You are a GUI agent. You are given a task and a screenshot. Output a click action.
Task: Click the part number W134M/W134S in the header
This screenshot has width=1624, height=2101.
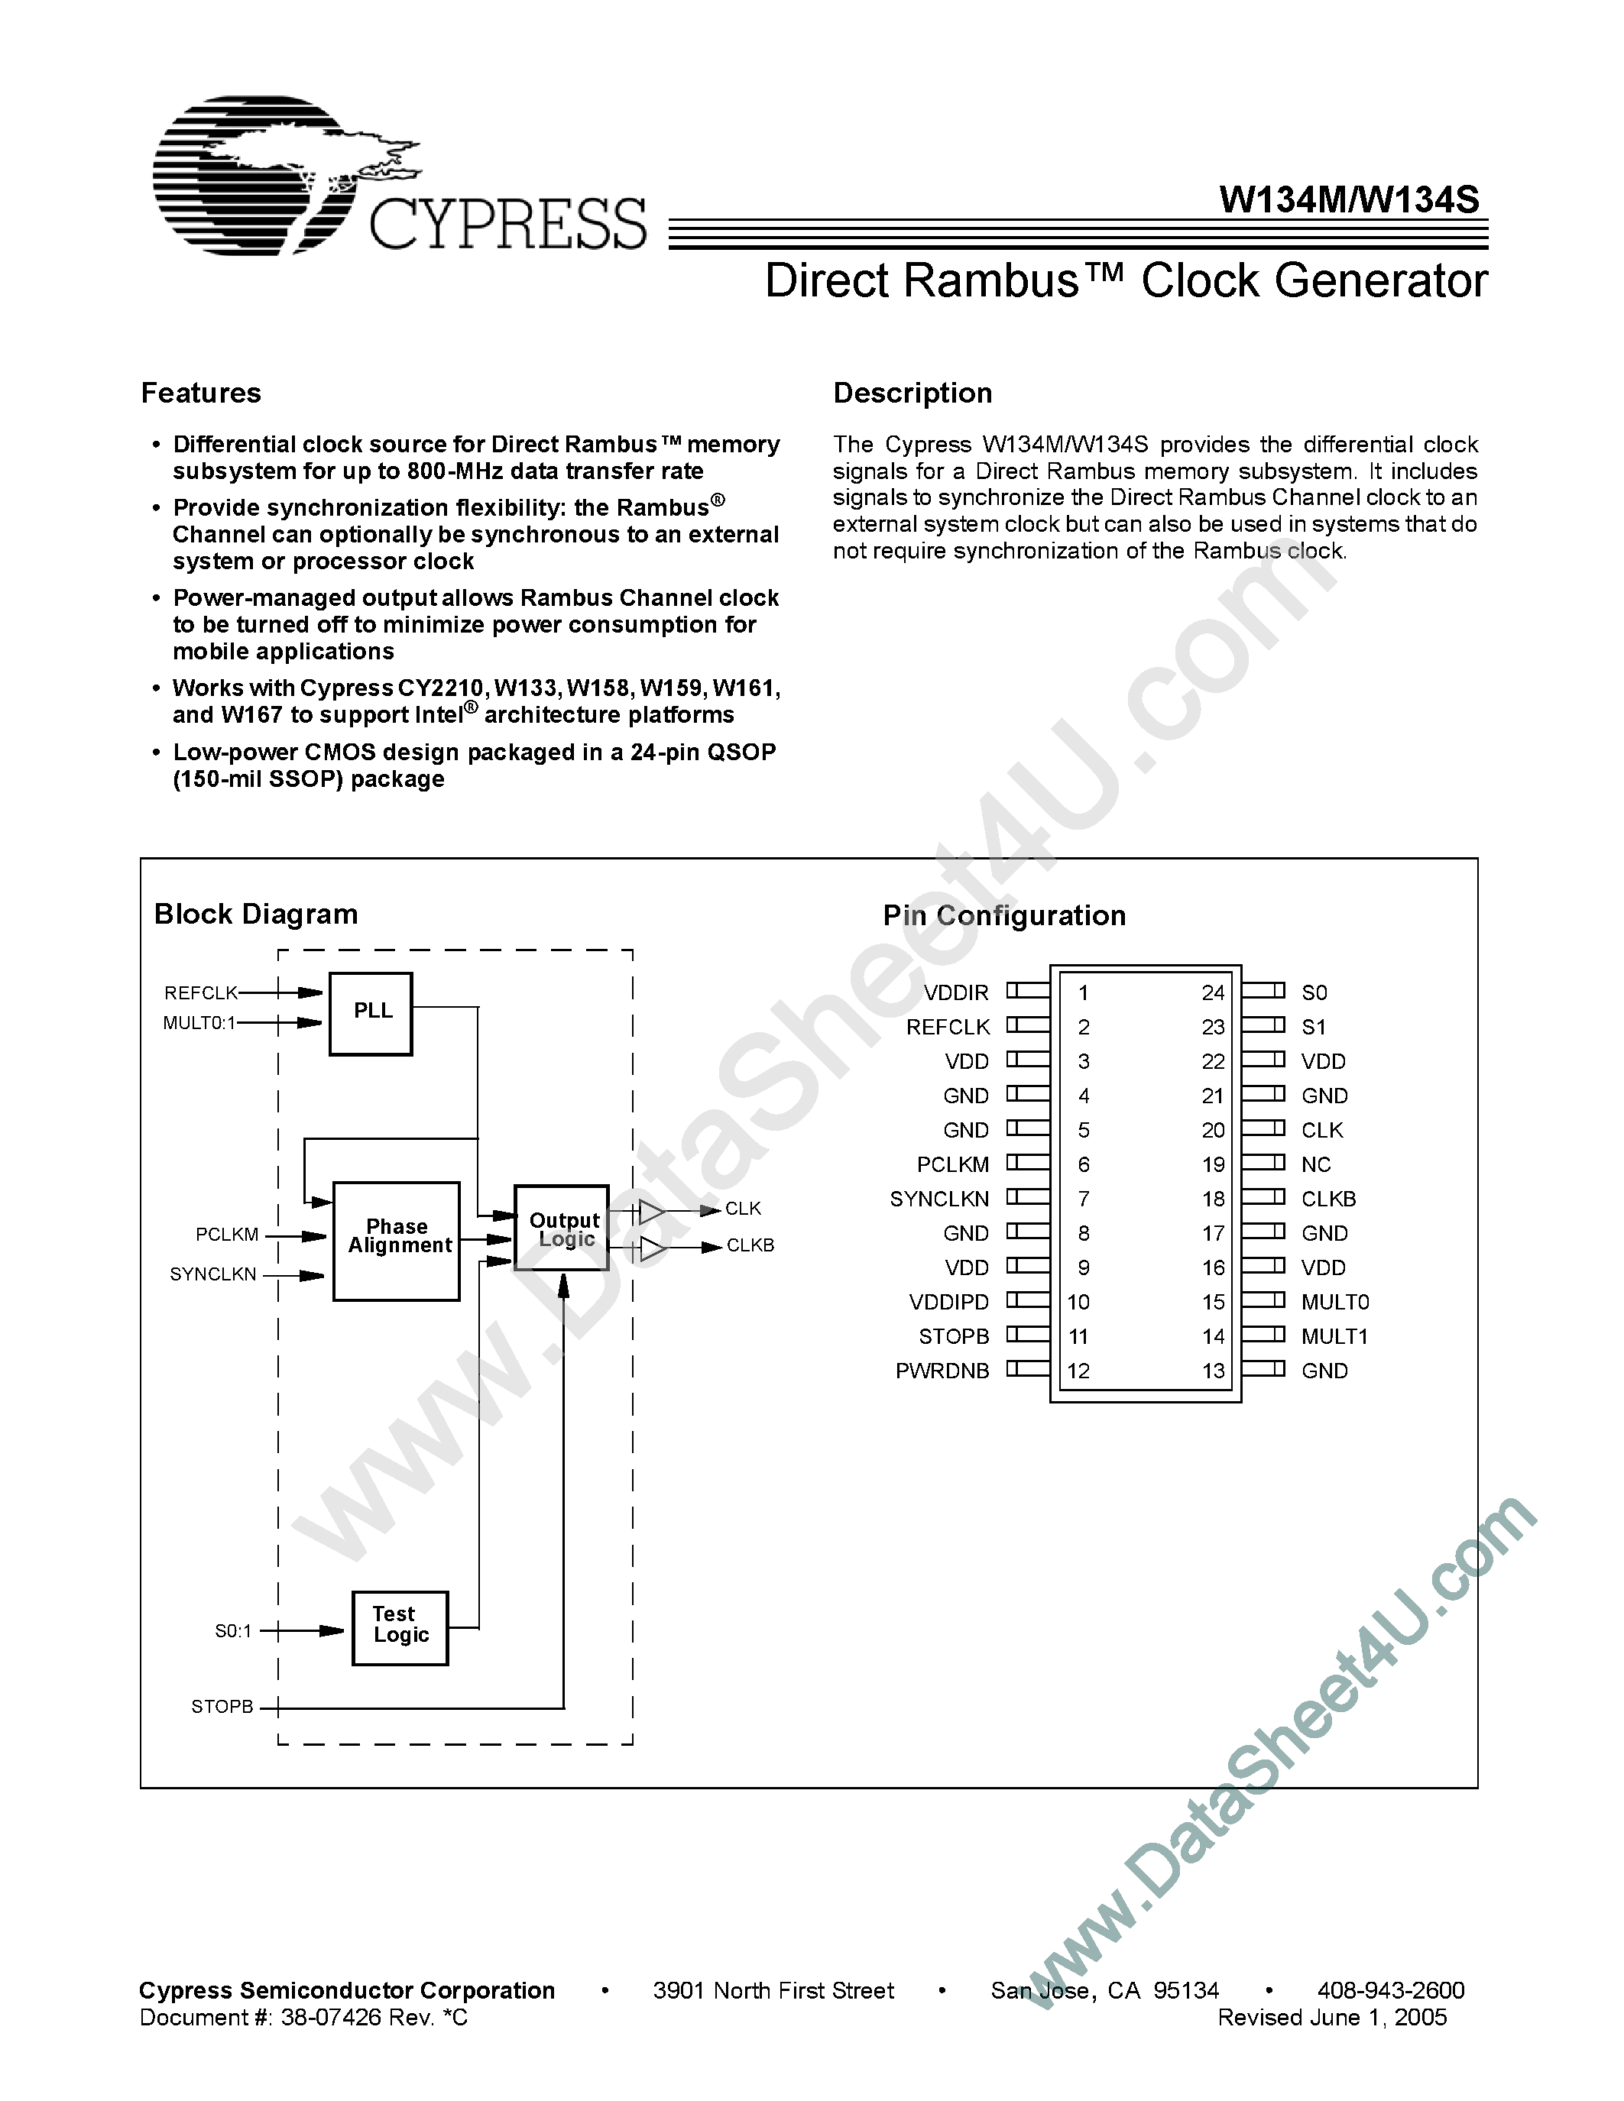(x=1348, y=199)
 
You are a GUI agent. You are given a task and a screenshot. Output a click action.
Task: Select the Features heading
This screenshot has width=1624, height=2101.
(x=201, y=393)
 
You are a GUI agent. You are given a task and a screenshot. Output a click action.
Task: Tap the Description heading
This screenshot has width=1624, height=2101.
(x=912, y=393)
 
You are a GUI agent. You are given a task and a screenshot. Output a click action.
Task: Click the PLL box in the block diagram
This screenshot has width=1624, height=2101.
(x=371, y=1013)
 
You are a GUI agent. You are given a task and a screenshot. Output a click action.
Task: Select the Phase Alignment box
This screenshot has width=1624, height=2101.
(x=397, y=1240)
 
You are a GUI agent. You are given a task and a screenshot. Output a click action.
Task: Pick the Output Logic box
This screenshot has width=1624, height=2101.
(x=562, y=1229)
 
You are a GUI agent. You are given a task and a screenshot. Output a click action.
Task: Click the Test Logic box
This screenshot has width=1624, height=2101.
(x=400, y=1627)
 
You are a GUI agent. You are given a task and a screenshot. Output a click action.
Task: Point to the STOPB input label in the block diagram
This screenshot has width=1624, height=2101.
(x=222, y=1707)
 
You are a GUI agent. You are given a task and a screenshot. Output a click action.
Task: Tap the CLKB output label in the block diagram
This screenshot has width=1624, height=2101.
(x=750, y=1245)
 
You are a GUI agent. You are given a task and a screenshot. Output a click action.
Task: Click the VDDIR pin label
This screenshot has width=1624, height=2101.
(x=955, y=992)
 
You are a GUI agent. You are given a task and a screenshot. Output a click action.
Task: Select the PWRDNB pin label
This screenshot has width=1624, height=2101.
(x=942, y=1371)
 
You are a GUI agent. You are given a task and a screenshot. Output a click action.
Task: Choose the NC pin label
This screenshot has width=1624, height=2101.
(x=1315, y=1165)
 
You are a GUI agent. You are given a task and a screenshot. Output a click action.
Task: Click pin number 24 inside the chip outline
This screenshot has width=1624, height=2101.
(x=1212, y=992)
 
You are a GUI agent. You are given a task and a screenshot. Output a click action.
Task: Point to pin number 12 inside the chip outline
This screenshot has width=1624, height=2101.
(x=1078, y=1371)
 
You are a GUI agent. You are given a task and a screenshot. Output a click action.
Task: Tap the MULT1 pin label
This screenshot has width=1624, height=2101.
(x=1334, y=1336)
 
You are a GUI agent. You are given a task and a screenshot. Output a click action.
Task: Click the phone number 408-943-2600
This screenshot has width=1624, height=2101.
(x=1390, y=1990)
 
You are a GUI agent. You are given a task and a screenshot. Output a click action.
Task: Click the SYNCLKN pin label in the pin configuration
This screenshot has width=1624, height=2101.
(x=939, y=1199)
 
